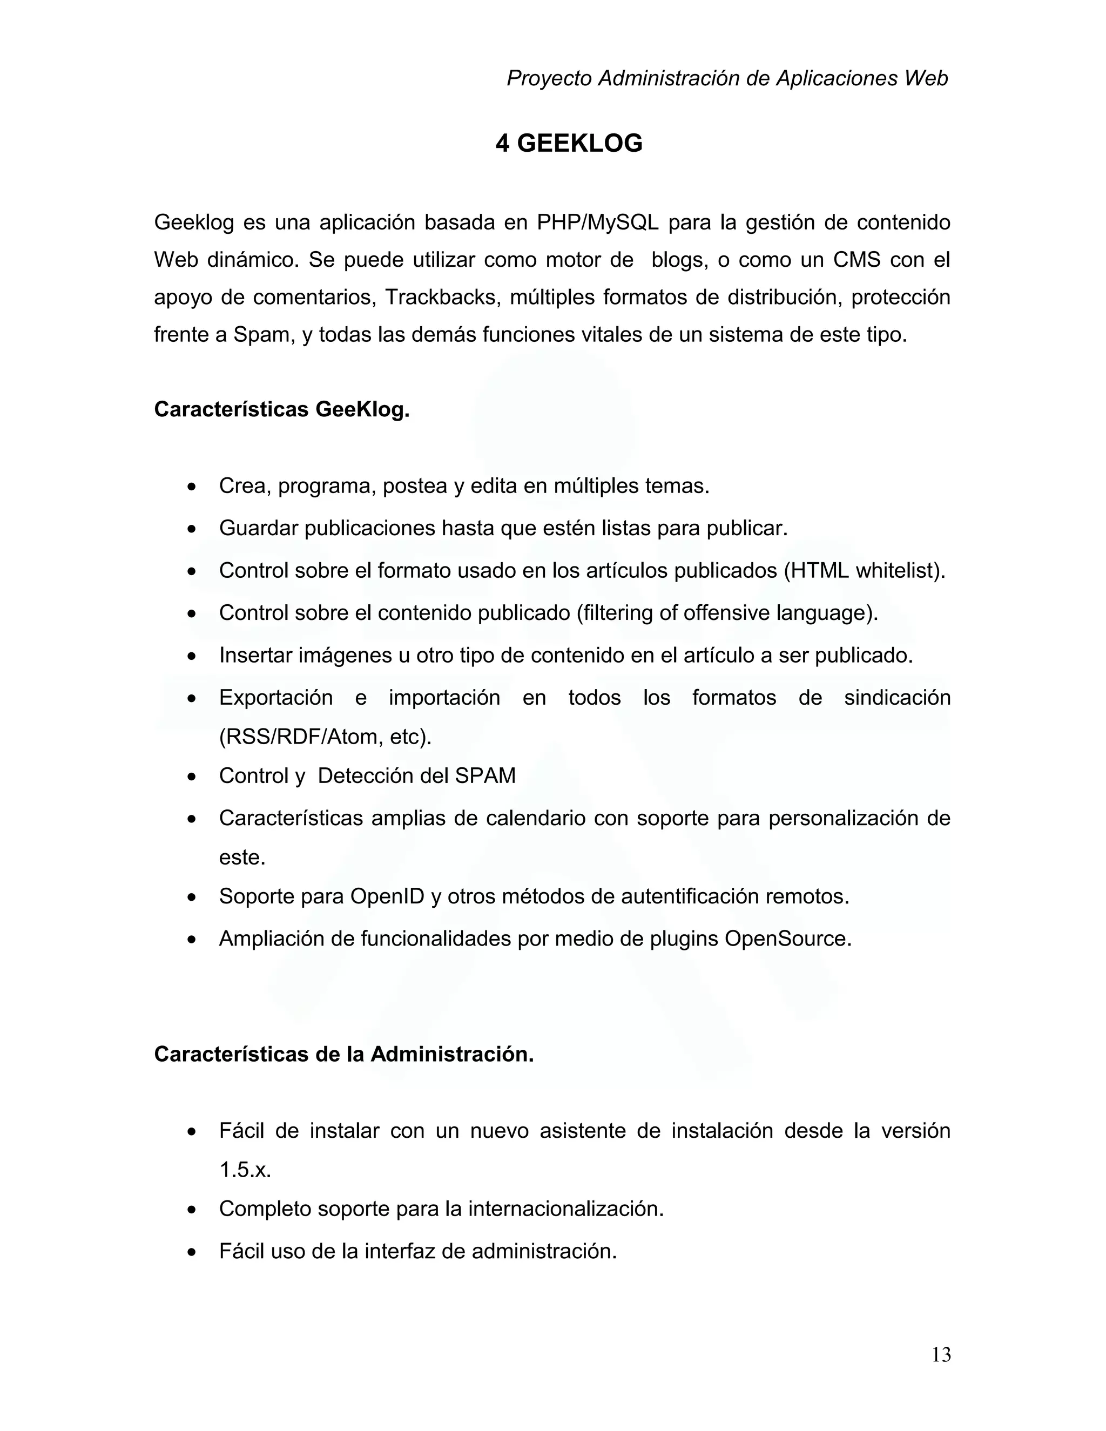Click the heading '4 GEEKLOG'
tap(569, 144)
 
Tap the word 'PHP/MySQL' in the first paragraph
tap(598, 223)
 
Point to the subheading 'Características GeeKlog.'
tap(282, 409)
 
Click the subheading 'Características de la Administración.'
tap(344, 1054)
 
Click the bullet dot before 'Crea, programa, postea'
tap(191, 488)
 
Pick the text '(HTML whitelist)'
tap(864, 571)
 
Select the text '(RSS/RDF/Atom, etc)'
tap(326, 737)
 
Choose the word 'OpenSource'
tap(787, 939)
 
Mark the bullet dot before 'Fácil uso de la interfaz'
tap(191, 1253)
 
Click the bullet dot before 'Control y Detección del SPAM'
tap(191, 777)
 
